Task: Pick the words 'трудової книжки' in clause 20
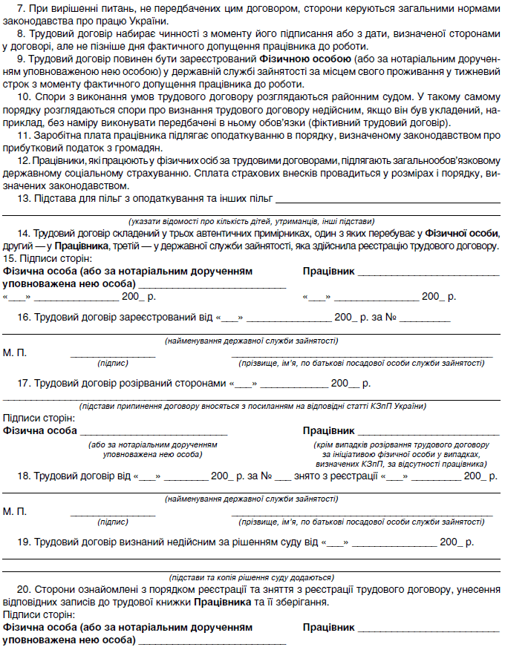coord(154,602)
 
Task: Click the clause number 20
coord(22,590)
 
